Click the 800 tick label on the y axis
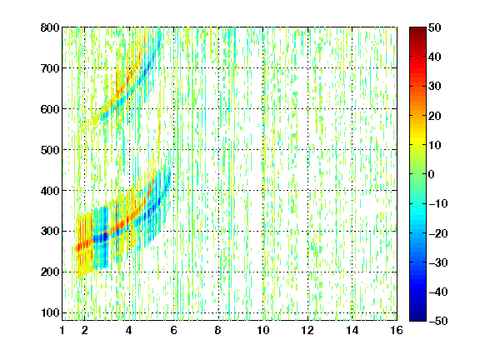click(x=50, y=27)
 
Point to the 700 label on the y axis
click(x=50, y=68)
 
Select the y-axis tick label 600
click(x=50, y=109)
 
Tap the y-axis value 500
click(x=50, y=150)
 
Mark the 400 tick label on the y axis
click(x=50, y=191)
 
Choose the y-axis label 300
click(x=50, y=232)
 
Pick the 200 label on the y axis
click(x=50, y=272)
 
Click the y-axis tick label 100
click(x=50, y=312)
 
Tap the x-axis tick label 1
click(x=62, y=330)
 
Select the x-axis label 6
click(x=174, y=330)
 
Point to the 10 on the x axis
click(x=263, y=330)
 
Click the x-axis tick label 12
click(x=307, y=330)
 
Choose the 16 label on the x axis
click(x=397, y=330)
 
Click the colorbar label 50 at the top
click(x=434, y=27)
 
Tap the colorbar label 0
click(x=431, y=174)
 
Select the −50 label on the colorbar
click(x=437, y=321)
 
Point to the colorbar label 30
click(x=434, y=87)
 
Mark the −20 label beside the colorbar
click(x=437, y=233)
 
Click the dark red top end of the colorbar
click(x=417, y=29)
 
